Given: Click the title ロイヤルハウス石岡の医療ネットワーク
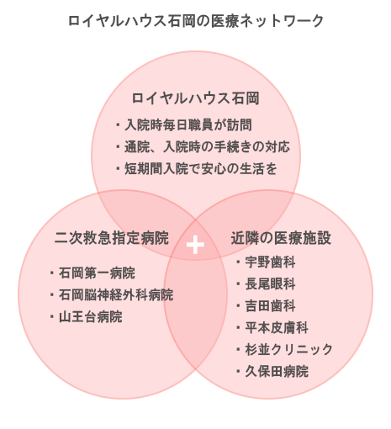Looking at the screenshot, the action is (x=196, y=21).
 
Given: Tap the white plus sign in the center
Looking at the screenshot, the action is (x=195, y=245).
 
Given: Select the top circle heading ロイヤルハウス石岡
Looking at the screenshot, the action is (x=195, y=98).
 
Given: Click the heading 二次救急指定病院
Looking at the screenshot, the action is (x=112, y=238).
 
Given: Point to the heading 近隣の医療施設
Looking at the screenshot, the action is (x=281, y=238).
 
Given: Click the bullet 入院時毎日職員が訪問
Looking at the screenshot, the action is (x=188, y=124).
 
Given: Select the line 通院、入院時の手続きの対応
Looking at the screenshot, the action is (x=207, y=146).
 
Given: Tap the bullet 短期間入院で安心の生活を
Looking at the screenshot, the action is (x=201, y=168).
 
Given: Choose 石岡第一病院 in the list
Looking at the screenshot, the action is (x=97, y=273).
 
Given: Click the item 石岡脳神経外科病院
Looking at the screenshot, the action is (x=116, y=294).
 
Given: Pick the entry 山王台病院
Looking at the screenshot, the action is (x=91, y=317).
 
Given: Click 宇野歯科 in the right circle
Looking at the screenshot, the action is (x=270, y=262).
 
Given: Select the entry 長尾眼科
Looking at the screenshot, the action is (x=270, y=283).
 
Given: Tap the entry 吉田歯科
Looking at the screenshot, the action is (x=270, y=305).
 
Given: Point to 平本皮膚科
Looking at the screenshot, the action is (x=277, y=327).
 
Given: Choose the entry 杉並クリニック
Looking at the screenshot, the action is (x=289, y=349).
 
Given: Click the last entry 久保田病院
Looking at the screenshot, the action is (x=277, y=371).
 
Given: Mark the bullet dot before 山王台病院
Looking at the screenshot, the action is (x=52, y=317).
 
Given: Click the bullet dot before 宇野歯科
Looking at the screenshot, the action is (x=238, y=262).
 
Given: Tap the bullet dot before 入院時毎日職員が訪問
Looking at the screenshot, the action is (x=118, y=124).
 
